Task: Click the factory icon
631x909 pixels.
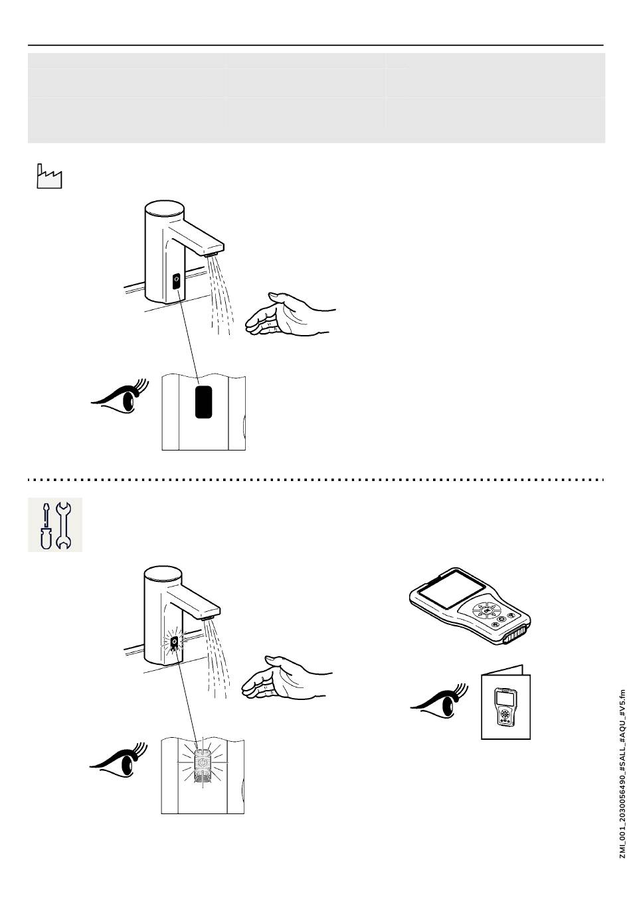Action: point(48,176)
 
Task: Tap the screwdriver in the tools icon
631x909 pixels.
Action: point(45,525)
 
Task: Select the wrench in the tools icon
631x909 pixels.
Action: point(64,525)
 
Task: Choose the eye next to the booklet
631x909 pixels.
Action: point(436,701)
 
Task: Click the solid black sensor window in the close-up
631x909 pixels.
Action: point(203,402)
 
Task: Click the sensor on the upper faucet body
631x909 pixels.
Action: point(176,281)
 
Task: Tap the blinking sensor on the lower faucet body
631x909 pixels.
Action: point(174,643)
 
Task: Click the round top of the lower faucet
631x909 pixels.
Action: point(163,575)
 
